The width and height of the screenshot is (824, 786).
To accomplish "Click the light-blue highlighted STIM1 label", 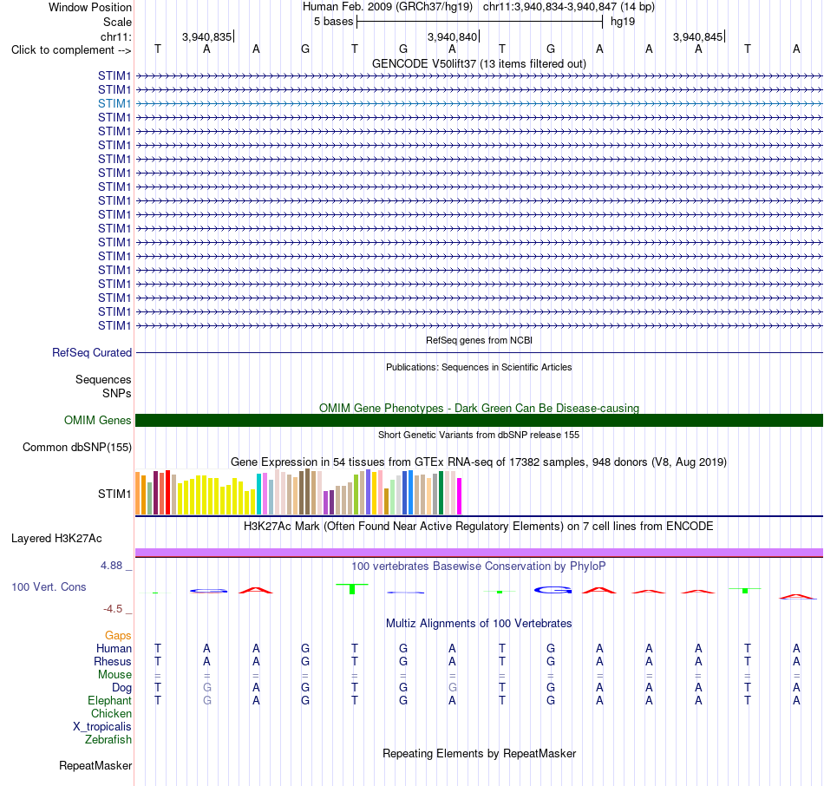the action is click(x=114, y=103).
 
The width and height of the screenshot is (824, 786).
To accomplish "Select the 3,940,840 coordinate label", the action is click(x=452, y=36).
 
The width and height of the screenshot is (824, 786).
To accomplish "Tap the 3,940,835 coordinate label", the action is click(x=206, y=36).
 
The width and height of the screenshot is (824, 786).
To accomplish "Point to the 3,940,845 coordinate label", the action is click(x=698, y=36).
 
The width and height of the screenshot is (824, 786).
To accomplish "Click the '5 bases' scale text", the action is click(x=334, y=22).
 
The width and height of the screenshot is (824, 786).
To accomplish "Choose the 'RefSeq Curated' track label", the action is click(x=92, y=353).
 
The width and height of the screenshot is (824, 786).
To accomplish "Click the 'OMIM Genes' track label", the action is click(x=98, y=420).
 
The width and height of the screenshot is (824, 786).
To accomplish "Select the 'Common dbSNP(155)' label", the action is click(x=77, y=448).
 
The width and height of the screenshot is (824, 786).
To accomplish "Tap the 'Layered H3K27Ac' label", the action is click(x=56, y=539).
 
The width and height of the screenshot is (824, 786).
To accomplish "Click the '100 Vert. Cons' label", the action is click(x=49, y=586).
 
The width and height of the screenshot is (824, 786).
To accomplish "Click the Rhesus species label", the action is click(x=113, y=661).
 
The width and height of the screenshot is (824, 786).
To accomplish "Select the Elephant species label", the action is click(x=110, y=700).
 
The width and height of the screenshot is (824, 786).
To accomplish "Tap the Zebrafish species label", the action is click(x=108, y=739).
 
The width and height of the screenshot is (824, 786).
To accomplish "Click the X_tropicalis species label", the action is click(x=102, y=727).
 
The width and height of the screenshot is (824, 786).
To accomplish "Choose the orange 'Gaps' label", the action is click(x=118, y=636).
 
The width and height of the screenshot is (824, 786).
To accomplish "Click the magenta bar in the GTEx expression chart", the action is click(x=460, y=495).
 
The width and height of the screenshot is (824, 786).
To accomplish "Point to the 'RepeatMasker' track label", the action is click(x=95, y=765).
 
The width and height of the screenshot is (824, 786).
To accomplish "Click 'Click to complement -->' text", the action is click(x=71, y=50).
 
